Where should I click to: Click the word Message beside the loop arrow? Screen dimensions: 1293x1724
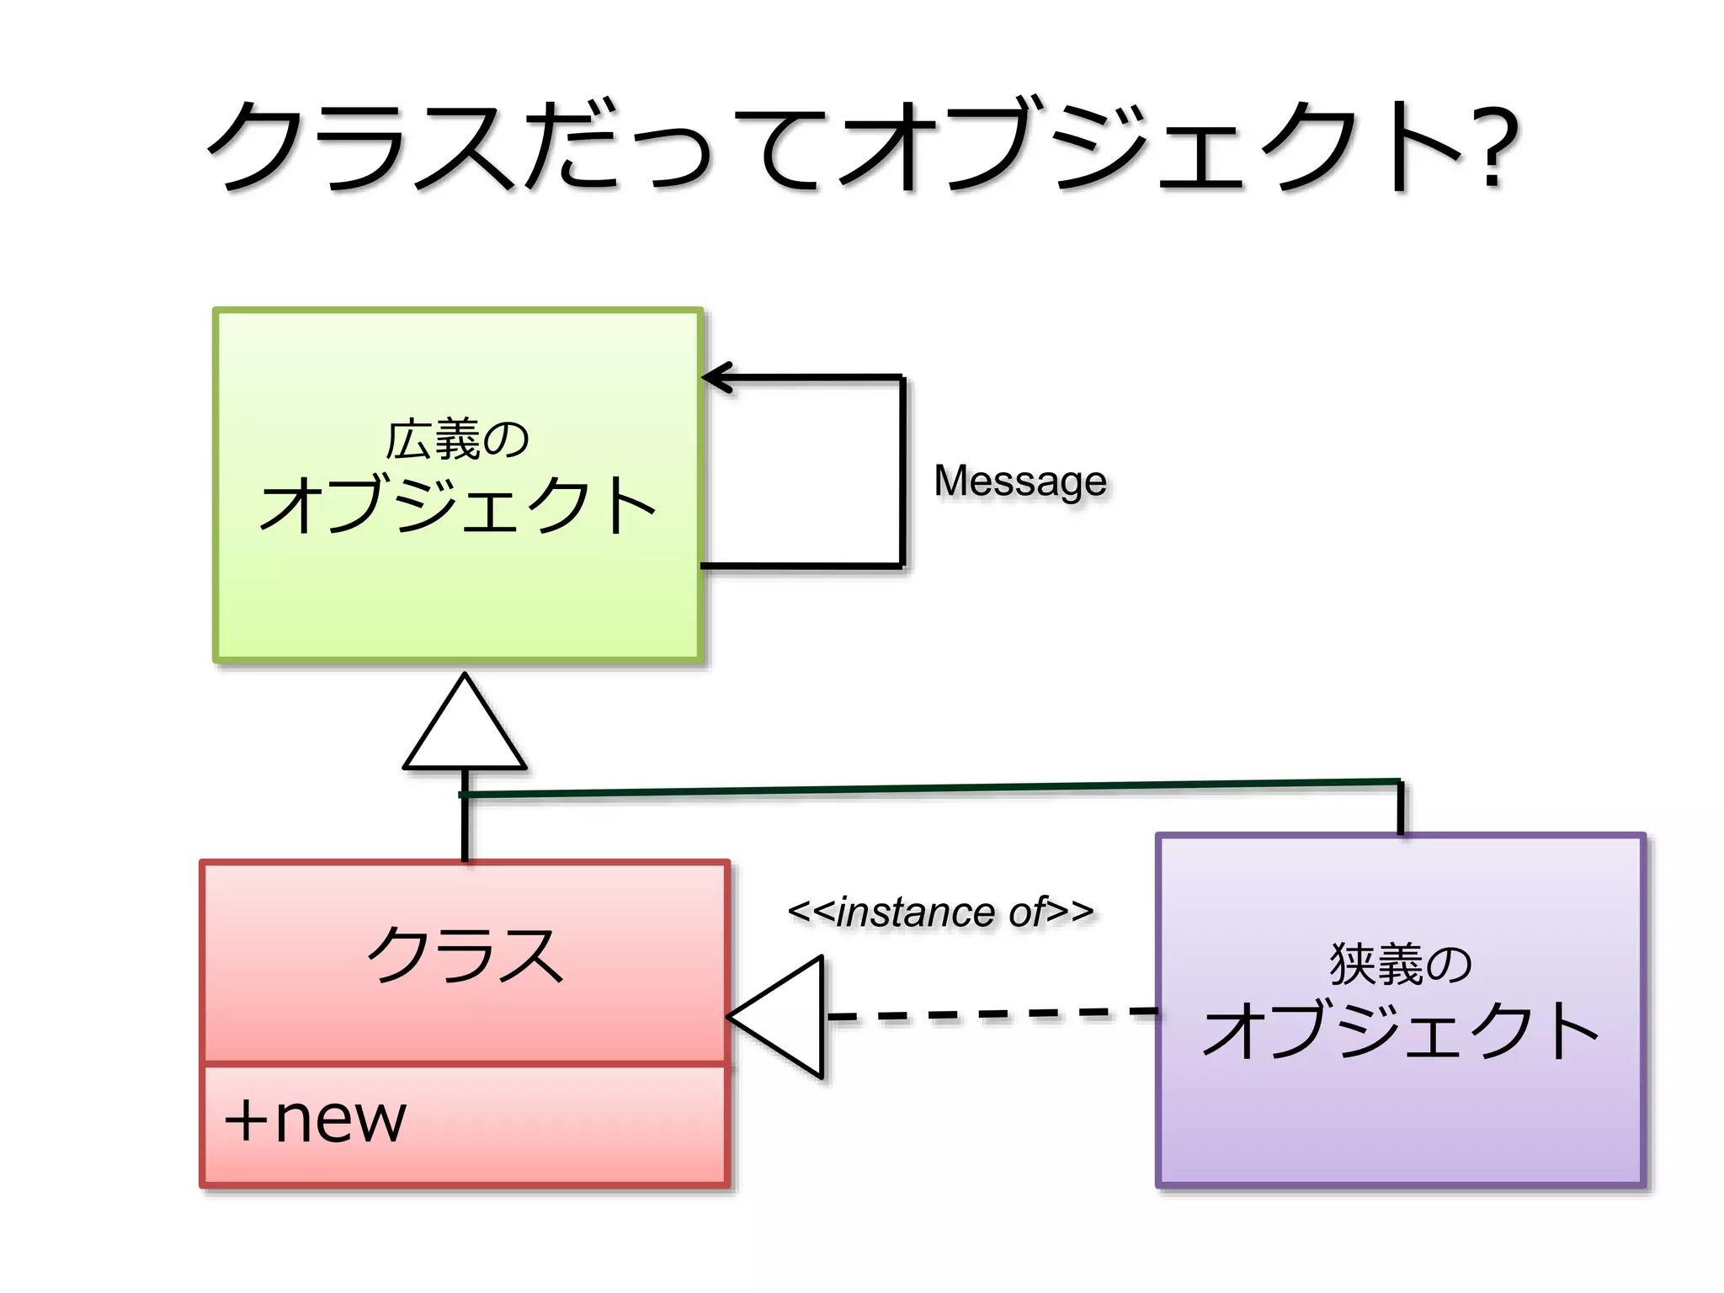click(1020, 482)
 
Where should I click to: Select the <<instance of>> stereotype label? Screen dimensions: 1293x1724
click(940, 912)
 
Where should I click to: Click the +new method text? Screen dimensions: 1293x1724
click(316, 1120)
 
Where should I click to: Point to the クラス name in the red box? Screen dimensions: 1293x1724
click(465, 955)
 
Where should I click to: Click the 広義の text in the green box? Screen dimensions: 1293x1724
click(457, 439)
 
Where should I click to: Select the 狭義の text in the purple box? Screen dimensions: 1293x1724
click(1401, 964)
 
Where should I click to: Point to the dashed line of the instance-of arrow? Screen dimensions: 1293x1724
click(993, 1014)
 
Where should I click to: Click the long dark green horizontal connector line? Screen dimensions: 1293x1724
click(926, 788)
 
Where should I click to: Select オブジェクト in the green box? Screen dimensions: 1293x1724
click(457, 505)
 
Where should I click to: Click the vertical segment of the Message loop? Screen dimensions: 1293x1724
click(902, 471)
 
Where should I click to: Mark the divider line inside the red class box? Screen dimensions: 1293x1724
click(465, 1065)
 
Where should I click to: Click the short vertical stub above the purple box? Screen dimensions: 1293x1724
click(1401, 808)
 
